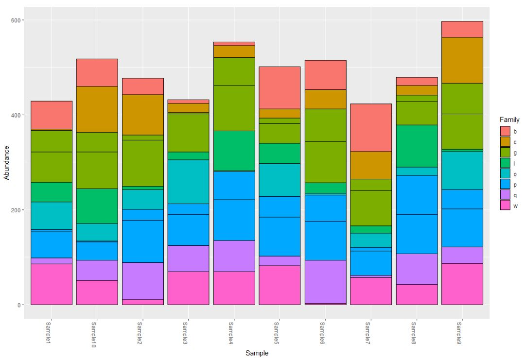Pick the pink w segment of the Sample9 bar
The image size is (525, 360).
tap(462, 284)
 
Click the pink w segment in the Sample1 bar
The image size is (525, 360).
tap(52, 284)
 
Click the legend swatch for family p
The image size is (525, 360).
tap(505, 185)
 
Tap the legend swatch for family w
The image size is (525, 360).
tap(505, 206)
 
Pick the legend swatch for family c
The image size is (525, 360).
tap(505, 142)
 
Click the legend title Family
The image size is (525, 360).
tap(509, 120)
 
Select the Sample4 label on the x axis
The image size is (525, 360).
tap(234, 333)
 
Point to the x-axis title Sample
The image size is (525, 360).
tap(257, 353)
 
